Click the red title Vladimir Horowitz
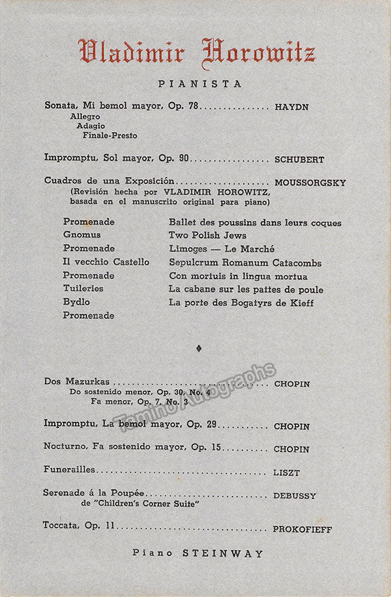(x=196, y=52)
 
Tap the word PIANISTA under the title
(x=199, y=84)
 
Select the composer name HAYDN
(x=291, y=106)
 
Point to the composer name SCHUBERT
(x=299, y=159)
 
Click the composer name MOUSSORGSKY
(x=310, y=183)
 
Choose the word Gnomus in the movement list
(x=81, y=235)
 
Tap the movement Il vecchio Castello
(x=106, y=262)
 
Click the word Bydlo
(x=76, y=302)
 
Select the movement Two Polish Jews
(x=207, y=235)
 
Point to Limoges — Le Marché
(x=222, y=249)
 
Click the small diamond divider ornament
(x=199, y=348)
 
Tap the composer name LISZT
(x=287, y=472)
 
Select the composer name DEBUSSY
(x=295, y=496)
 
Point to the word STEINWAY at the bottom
(x=223, y=553)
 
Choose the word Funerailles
(x=70, y=469)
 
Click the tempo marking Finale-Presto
(x=109, y=135)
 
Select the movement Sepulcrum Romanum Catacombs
(x=245, y=262)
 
